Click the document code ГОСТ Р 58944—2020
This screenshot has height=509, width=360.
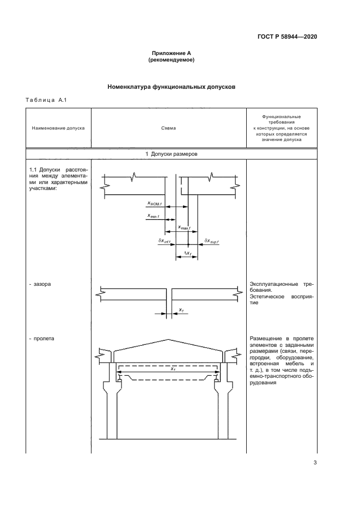pyautogui.click(x=288, y=37)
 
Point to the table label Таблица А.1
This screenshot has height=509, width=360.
pyautogui.click(x=46, y=100)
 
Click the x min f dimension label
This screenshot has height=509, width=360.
pyautogui.click(x=154, y=216)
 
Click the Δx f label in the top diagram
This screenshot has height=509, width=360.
pyautogui.click(x=186, y=253)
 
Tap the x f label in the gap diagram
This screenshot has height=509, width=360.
pyautogui.click(x=181, y=310)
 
